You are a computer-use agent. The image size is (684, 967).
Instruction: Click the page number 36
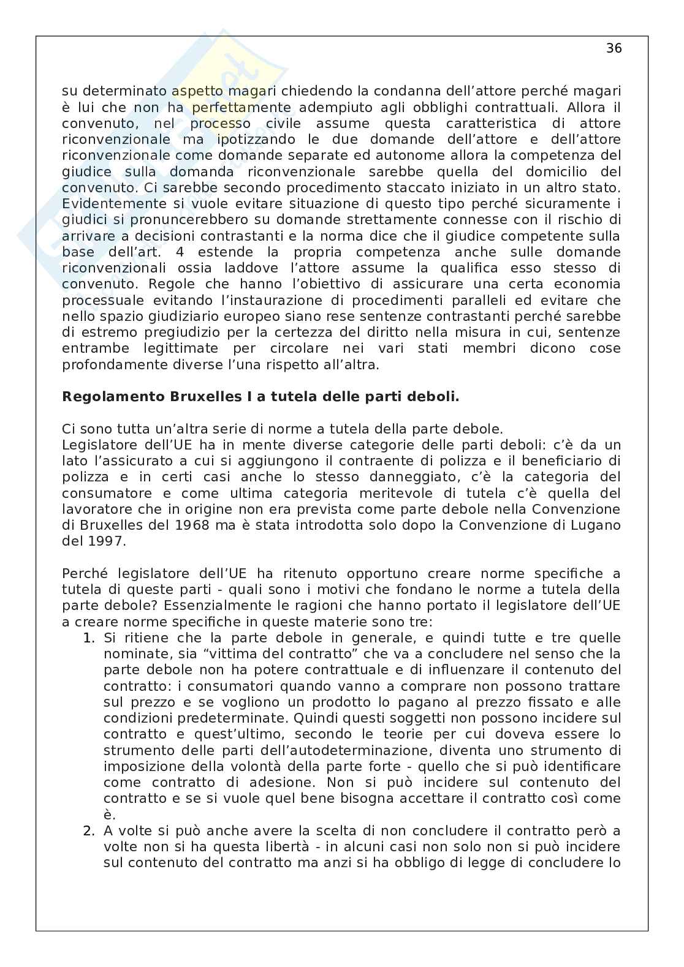[x=614, y=48]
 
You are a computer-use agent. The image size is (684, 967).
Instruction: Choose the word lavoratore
[x=97, y=510]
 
